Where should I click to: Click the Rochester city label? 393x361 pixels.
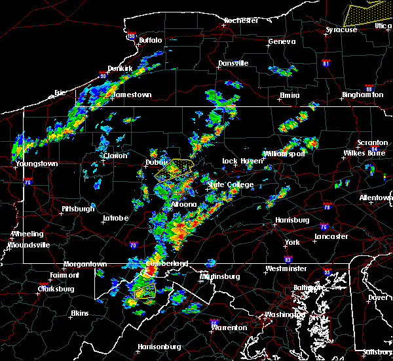[241, 20]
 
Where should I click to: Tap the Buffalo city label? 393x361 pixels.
[151, 41]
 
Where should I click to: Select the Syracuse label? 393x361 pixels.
[342, 30]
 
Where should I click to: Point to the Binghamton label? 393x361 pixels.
[362, 95]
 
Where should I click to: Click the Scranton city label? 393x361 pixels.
[373, 143]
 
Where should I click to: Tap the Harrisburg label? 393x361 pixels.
[292, 220]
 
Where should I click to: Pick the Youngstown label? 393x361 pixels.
[37, 163]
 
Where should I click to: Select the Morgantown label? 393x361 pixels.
[84, 265]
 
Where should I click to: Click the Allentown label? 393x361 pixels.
[376, 198]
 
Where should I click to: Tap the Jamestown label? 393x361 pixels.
[132, 95]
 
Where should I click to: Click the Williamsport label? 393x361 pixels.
[285, 154]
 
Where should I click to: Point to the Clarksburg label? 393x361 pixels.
[57, 289]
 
